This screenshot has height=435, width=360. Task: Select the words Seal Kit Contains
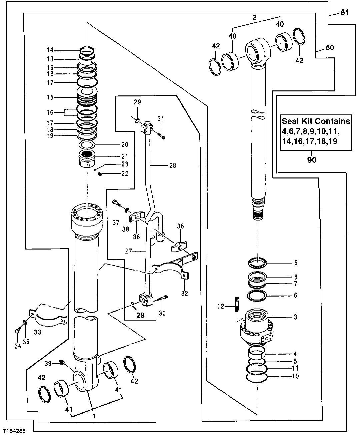[316, 121]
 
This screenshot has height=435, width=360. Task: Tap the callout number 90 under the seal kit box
[312, 160]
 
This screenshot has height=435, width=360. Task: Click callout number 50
[329, 48]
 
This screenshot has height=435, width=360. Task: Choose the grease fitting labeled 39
[61, 362]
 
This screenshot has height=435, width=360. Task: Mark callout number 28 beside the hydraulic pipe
[172, 165]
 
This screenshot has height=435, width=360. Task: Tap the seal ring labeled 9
[258, 263]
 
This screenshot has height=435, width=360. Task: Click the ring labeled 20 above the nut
[87, 145]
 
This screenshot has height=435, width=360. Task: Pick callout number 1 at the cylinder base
[94, 416]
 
